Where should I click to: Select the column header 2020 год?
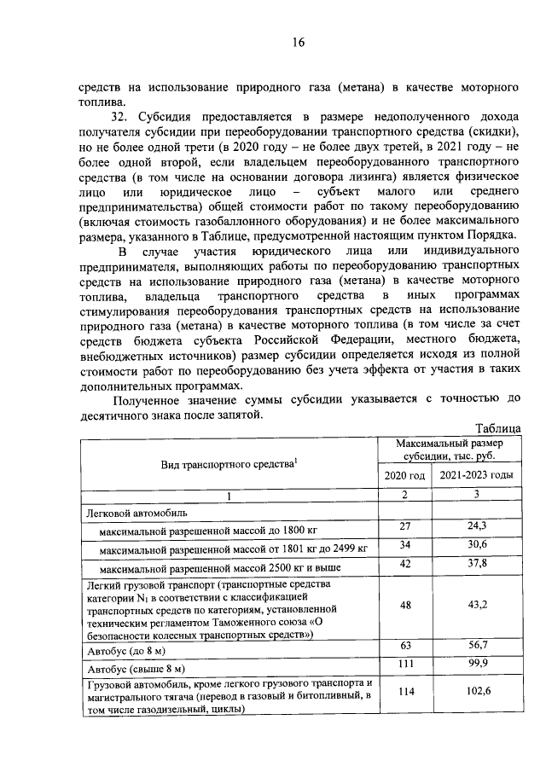point(405,474)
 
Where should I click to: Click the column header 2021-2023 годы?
point(477,474)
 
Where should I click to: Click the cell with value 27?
point(405,528)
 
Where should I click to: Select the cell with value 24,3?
point(477,528)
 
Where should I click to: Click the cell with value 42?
point(405,564)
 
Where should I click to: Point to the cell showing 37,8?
point(477,564)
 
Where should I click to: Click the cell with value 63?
point(405,646)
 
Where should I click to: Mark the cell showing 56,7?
point(477,646)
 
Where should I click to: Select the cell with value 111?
point(405,664)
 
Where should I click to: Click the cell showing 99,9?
point(477,664)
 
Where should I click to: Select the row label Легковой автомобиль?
point(132,514)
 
